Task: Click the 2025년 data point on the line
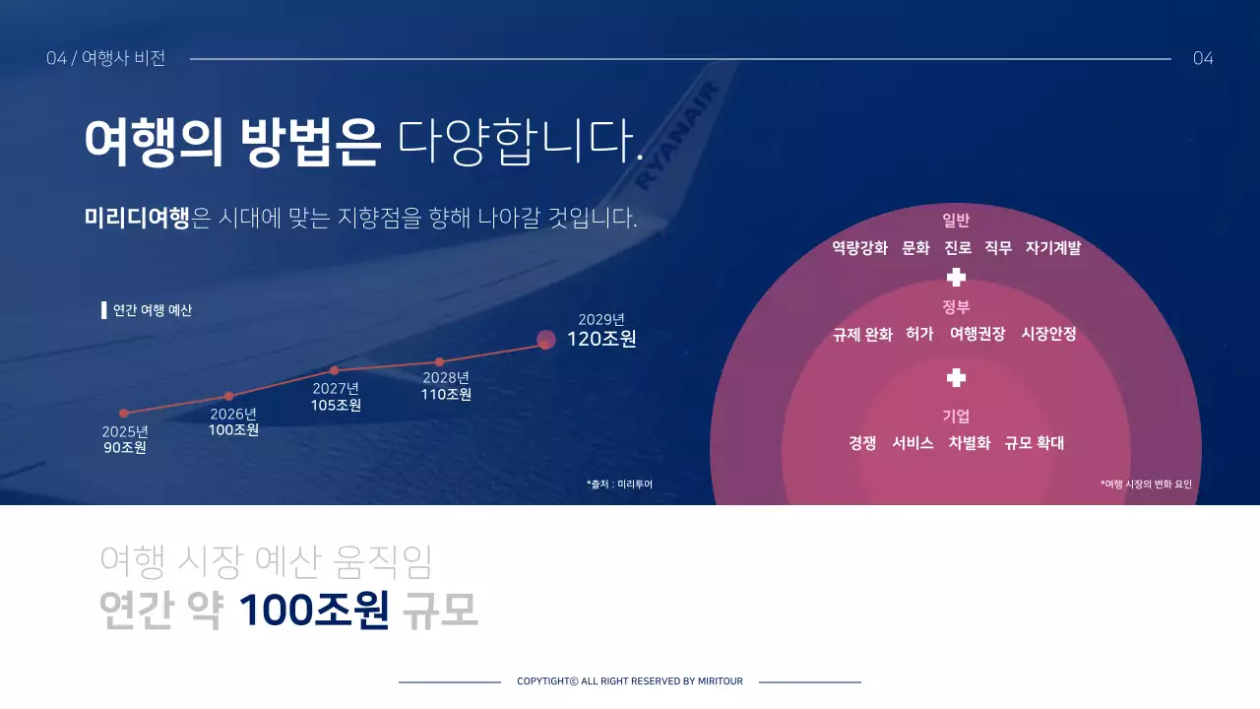[124, 414]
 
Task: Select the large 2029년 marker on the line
[546, 340]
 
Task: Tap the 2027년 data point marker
[335, 370]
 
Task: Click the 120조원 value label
[601, 340]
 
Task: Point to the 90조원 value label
[125, 448]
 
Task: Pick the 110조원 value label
[446, 395]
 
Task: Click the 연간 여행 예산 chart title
[153, 310]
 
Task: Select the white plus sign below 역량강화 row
[956, 278]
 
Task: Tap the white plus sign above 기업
[956, 378]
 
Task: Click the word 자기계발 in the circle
[1053, 248]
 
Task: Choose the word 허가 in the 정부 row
[919, 335]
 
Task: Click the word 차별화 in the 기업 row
[970, 443]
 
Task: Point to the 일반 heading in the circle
[956, 221]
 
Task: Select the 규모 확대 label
[1035, 443]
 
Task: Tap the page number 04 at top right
[1203, 59]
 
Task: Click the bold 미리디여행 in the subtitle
[137, 218]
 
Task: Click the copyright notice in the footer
[630, 681]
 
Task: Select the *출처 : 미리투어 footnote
[619, 484]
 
